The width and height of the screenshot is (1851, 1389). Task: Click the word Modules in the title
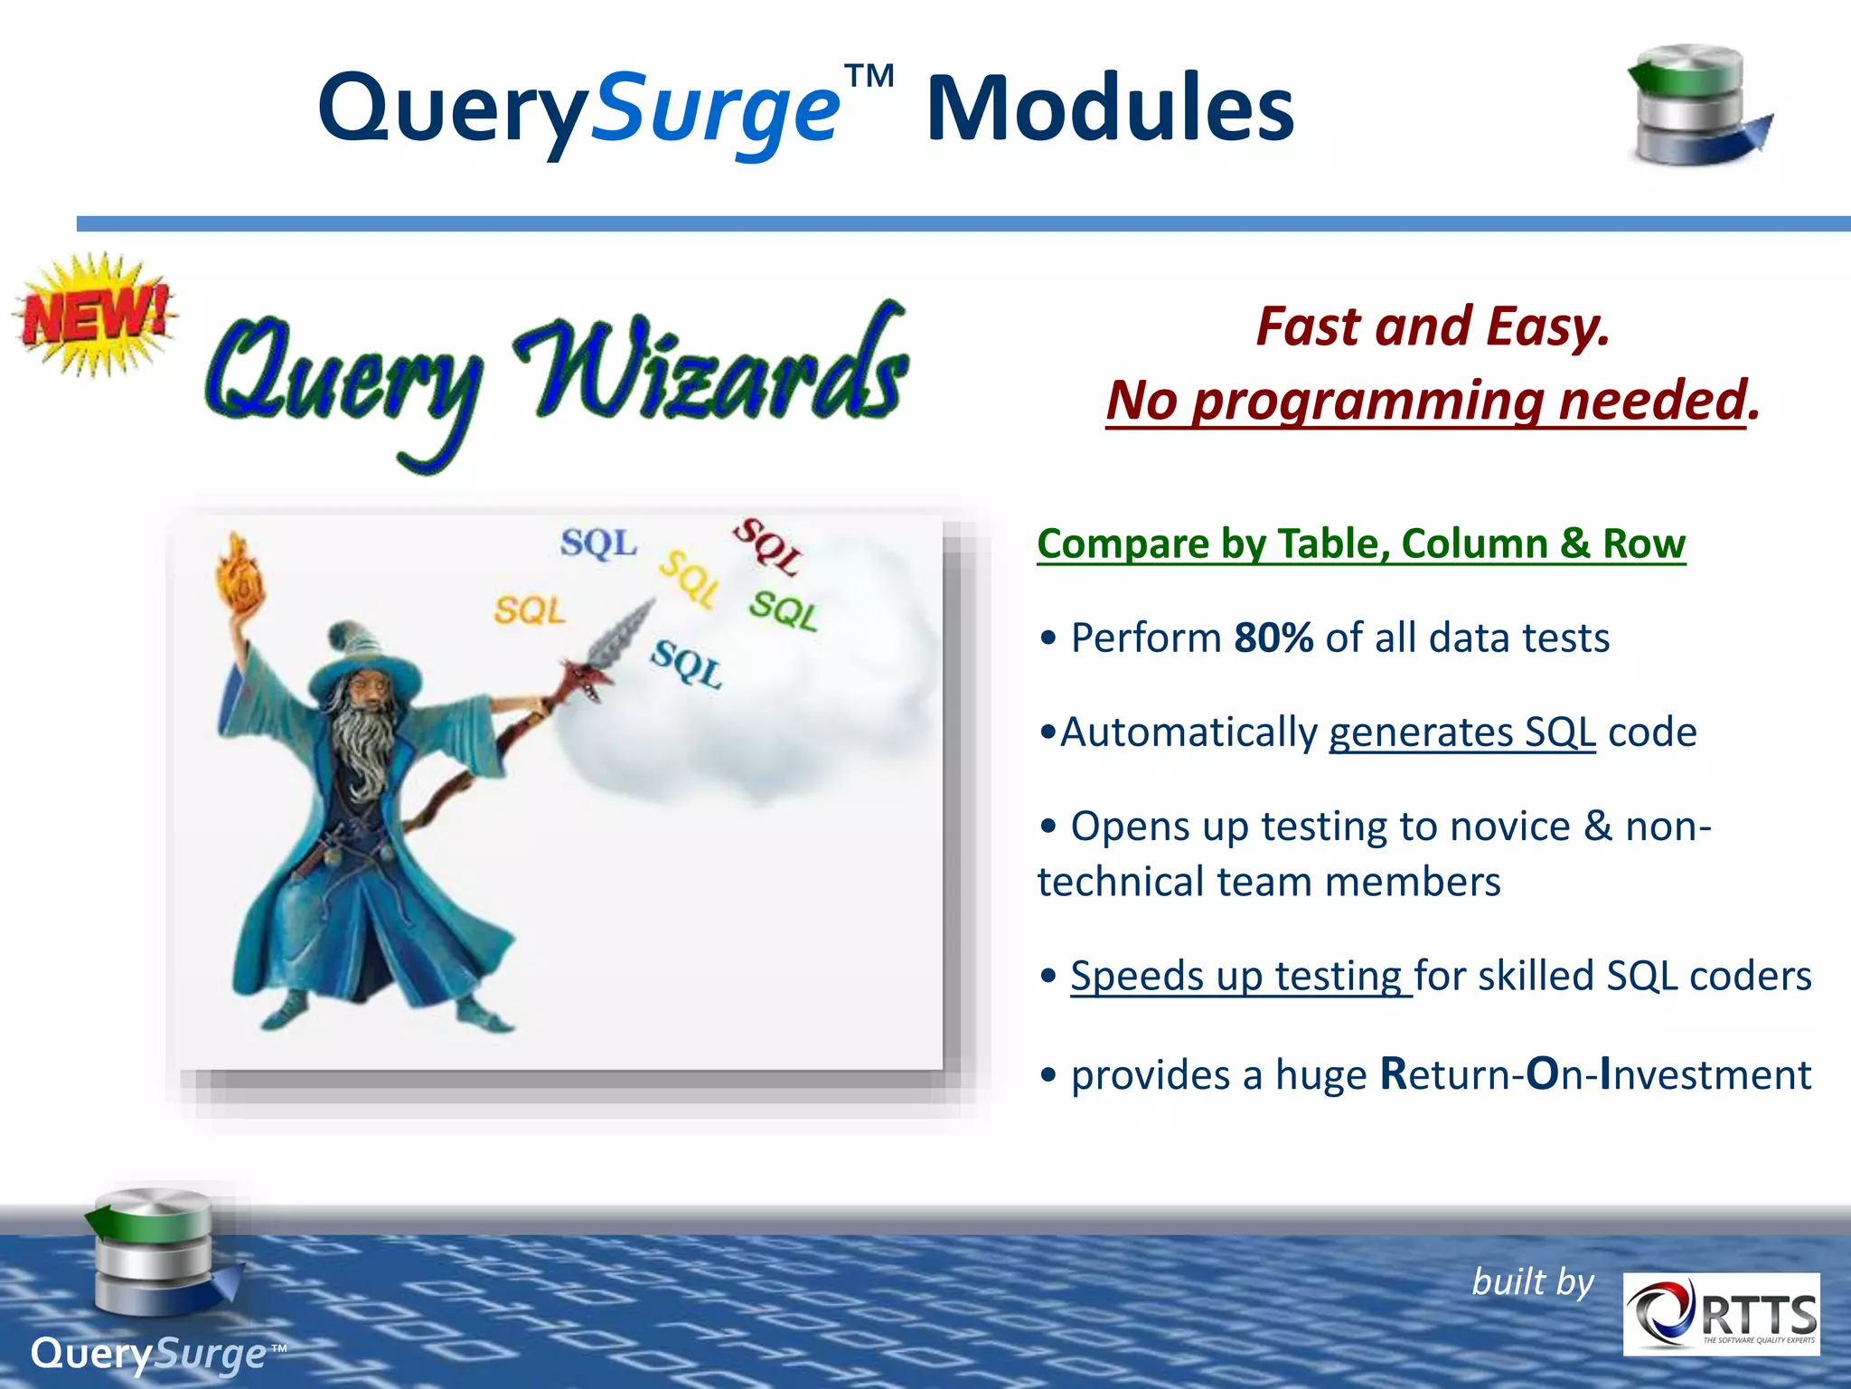click(1110, 109)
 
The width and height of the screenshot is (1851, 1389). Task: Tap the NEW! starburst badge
click(95, 315)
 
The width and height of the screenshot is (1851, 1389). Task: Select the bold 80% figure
click(1273, 638)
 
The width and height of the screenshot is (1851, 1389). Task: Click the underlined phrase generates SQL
click(1461, 732)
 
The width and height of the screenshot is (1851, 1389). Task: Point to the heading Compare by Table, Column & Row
click(1360, 544)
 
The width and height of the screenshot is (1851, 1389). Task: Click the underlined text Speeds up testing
click(1239, 976)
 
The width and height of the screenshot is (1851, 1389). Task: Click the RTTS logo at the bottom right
click(1721, 1314)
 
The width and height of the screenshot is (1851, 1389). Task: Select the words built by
click(1533, 1282)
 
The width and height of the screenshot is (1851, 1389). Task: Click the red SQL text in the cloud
click(766, 545)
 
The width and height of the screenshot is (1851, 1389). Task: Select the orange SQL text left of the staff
click(529, 610)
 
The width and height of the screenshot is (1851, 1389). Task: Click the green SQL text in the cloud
click(784, 610)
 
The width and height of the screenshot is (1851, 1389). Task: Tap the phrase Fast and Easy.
click(1433, 326)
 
